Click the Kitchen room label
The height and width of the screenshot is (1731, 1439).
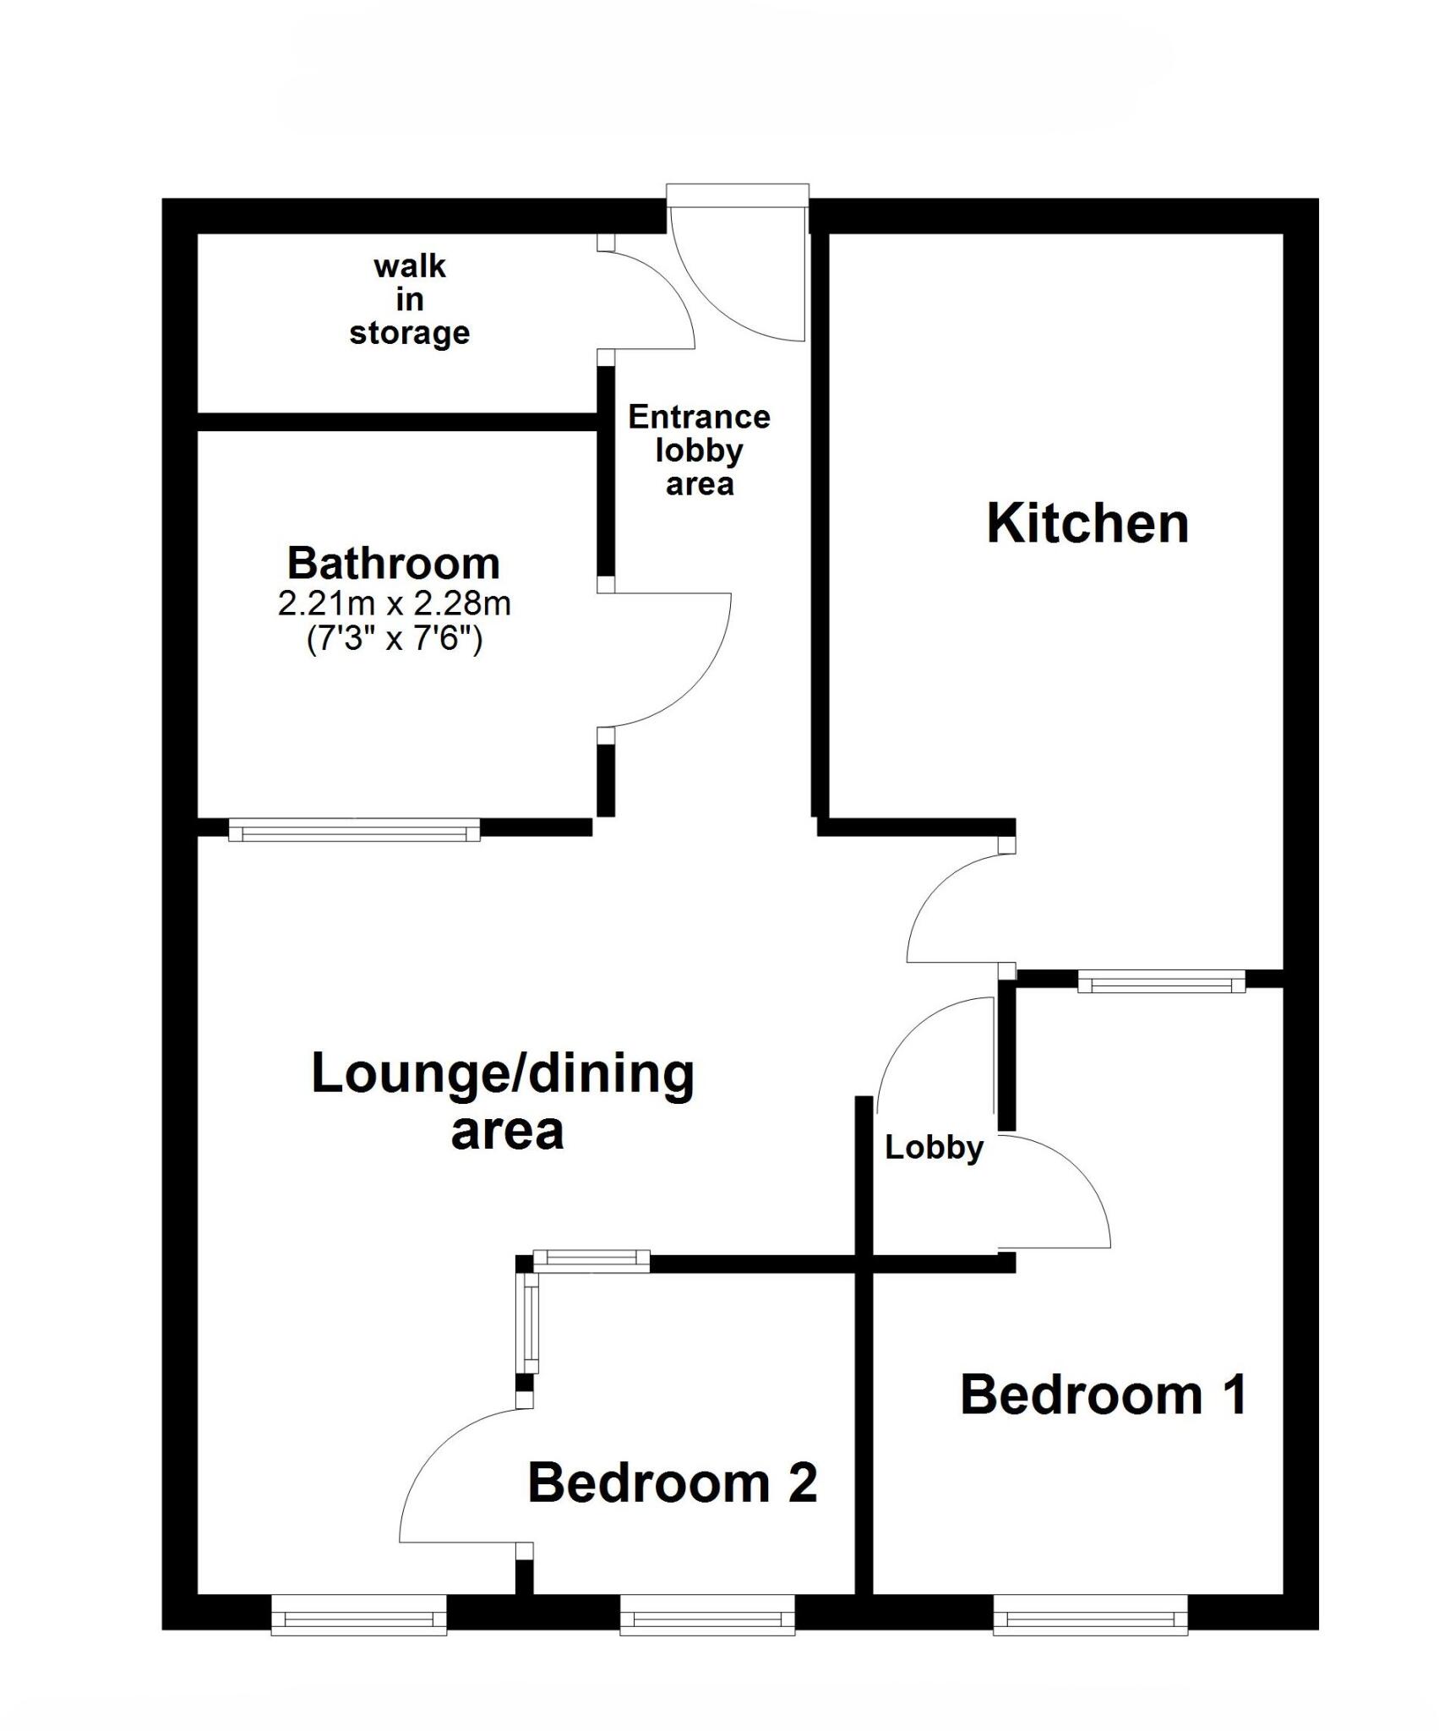pyautogui.click(x=1087, y=524)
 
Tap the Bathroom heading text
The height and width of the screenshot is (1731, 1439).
pyautogui.click(x=394, y=563)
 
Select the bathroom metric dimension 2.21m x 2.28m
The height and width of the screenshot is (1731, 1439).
pyautogui.click(x=395, y=603)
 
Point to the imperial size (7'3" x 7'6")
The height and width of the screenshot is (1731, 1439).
pyautogui.click(x=395, y=639)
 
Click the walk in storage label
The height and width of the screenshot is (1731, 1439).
pyautogui.click(x=410, y=299)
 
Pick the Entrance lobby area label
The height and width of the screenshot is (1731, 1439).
pyautogui.click(x=700, y=450)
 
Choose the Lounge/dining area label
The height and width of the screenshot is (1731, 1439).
pyautogui.click(x=504, y=1101)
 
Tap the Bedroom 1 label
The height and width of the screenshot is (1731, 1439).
pyautogui.click(x=1104, y=1395)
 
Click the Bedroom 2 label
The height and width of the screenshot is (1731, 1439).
pyautogui.click(x=673, y=1483)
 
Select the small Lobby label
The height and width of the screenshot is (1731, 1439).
pyautogui.click(x=935, y=1148)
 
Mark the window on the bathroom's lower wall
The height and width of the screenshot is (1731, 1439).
pyautogui.click(x=354, y=830)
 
